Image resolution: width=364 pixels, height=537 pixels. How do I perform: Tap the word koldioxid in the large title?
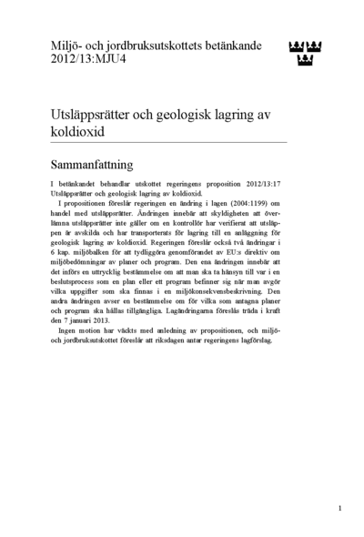(x=77, y=130)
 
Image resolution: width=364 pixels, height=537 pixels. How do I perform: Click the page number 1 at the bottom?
(x=339, y=508)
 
